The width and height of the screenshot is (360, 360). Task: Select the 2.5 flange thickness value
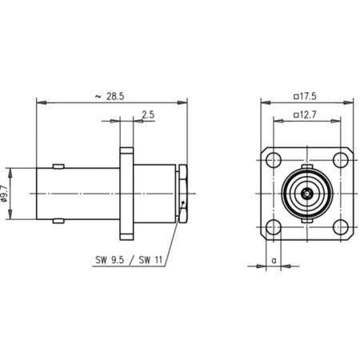pyautogui.click(x=149, y=115)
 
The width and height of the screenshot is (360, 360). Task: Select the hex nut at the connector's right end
pyautogui.click(x=184, y=194)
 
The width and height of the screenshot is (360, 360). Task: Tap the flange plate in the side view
pyautogui.click(x=127, y=194)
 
